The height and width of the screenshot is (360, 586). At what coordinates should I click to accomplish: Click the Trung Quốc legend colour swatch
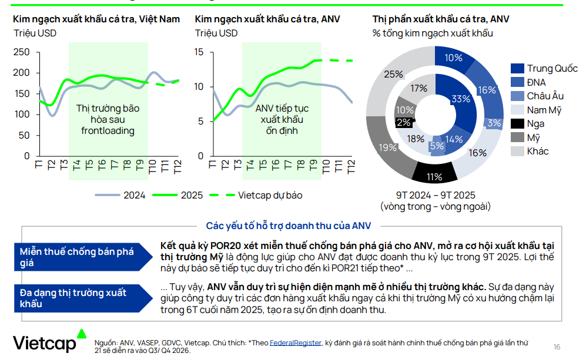tap(517, 69)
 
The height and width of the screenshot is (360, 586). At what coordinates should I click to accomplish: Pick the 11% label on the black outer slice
tap(434, 176)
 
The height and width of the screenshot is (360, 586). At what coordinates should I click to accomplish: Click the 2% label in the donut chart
tap(404, 123)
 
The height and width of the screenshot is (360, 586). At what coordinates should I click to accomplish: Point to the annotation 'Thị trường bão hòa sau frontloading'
tap(108, 119)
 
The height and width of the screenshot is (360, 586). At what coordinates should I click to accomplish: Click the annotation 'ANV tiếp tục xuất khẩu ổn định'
tap(282, 119)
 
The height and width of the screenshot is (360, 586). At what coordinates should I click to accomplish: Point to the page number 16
tap(557, 346)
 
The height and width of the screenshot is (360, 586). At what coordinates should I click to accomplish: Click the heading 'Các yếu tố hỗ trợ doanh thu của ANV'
tap(288, 226)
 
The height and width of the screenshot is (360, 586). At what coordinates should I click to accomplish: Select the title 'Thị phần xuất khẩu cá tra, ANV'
tap(441, 19)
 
